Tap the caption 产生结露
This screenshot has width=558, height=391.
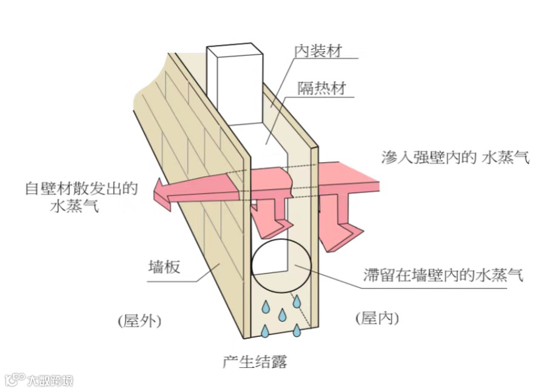(255, 362)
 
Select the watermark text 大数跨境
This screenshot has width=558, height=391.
(50, 381)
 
